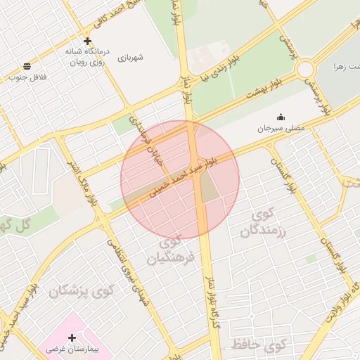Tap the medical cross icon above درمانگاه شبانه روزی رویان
pos(87,41)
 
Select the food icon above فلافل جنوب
pos(27,66)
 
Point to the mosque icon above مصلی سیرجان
pos(281,117)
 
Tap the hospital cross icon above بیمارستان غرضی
pos(72,337)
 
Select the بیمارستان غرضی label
pos(74,349)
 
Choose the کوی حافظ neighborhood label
pos(258,345)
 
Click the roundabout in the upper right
pos(305,69)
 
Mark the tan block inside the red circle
pos(209,186)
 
